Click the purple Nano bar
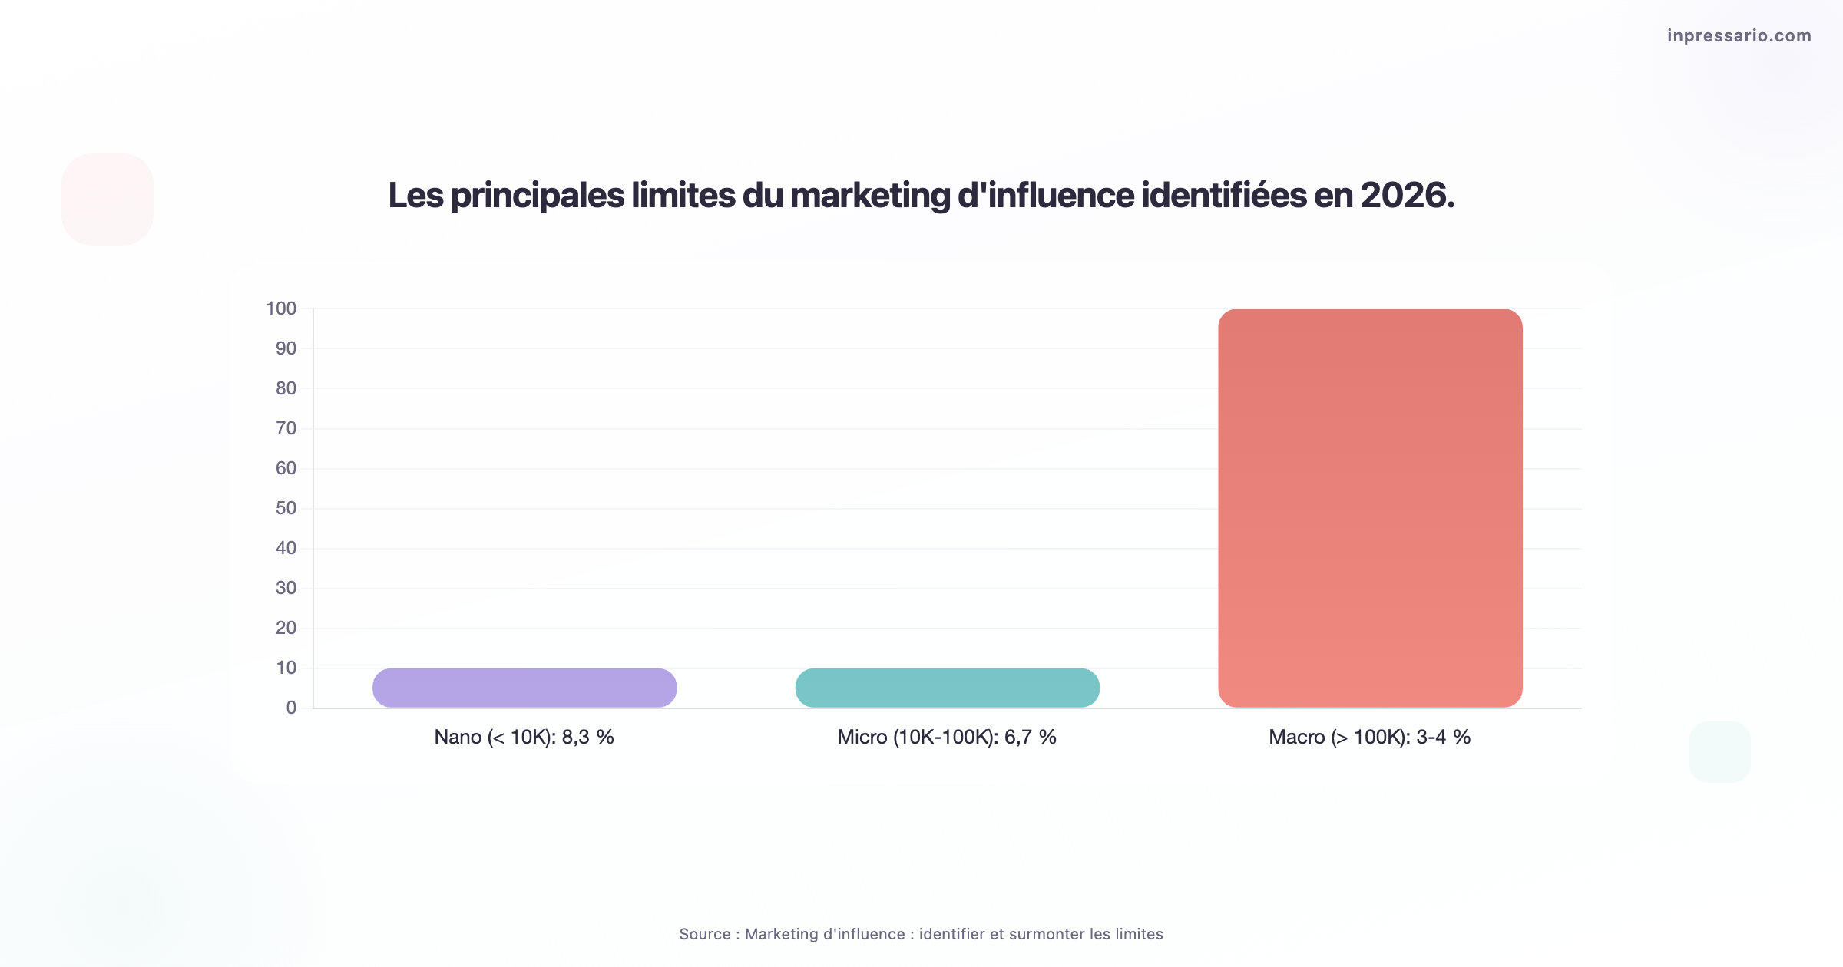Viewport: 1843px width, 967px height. [524, 688]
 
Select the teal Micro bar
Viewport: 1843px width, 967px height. [947, 688]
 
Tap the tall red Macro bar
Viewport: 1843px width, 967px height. [1370, 508]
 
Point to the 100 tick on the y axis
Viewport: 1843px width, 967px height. [281, 309]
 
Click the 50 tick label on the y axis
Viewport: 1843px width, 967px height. [286, 508]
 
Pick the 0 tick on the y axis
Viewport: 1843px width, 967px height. [291, 708]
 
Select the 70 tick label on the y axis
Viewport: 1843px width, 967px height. [286, 428]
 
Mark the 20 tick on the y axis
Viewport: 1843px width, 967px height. [286, 628]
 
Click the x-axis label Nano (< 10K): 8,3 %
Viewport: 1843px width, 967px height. [524, 737]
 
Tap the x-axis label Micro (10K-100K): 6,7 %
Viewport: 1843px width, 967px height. [947, 737]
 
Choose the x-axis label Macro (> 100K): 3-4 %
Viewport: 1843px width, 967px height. [1369, 737]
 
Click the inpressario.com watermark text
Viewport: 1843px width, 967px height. [1739, 35]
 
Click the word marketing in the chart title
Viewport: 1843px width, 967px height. [870, 196]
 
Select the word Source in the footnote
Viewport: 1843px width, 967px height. [704, 934]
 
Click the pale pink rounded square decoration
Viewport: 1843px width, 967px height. [108, 200]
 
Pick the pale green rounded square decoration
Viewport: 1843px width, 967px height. [1720, 752]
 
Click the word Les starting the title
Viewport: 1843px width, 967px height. [415, 195]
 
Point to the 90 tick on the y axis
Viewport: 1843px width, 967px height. [286, 348]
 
